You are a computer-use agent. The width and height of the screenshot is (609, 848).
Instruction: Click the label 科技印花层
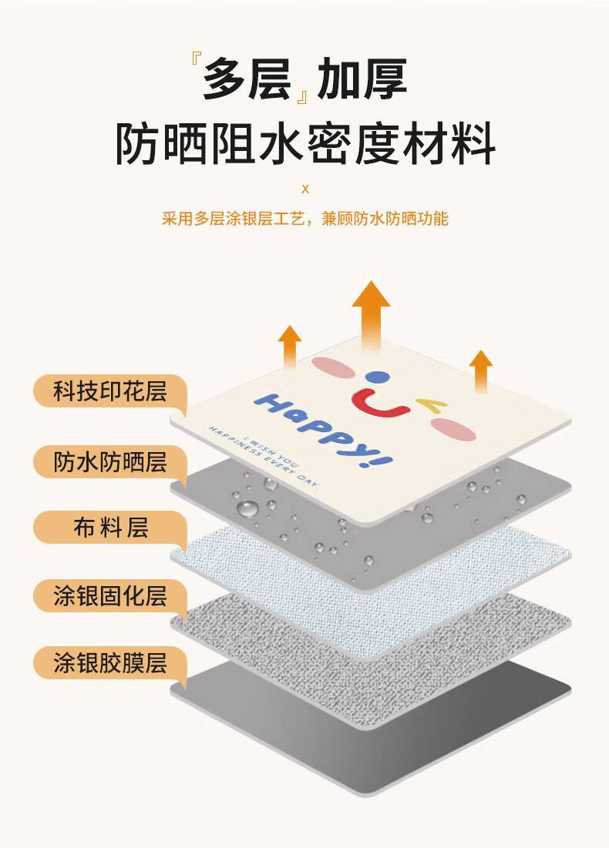(x=109, y=391)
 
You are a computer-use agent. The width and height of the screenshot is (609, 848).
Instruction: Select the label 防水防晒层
(x=109, y=461)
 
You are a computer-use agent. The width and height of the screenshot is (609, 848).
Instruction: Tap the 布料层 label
(x=109, y=528)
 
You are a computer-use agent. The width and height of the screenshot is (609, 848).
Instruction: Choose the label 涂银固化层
(x=109, y=595)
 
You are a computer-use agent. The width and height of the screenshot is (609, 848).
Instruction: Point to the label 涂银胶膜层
(x=109, y=663)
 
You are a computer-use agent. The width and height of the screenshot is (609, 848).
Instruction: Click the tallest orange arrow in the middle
(x=371, y=317)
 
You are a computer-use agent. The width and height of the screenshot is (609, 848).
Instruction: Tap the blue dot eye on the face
(x=375, y=378)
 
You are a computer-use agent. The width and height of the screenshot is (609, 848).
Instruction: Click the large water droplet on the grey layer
(x=247, y=508)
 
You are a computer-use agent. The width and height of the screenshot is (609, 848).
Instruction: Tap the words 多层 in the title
(x=246, y=79)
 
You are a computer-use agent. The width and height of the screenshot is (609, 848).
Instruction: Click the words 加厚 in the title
(x=362, y=79)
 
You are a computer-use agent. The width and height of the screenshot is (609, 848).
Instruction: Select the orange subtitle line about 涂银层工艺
(x=304, y=219)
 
